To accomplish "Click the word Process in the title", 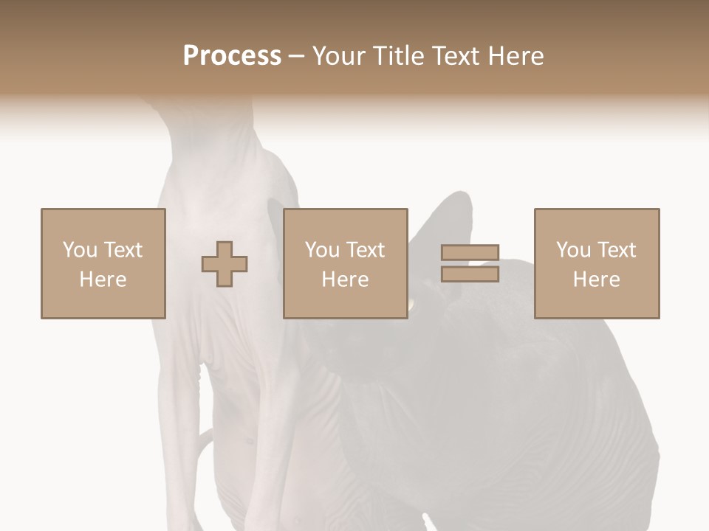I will [232, 56].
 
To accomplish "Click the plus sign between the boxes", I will [225, 264].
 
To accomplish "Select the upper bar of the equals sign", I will [470, 253].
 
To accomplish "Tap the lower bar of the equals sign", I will [470, 274].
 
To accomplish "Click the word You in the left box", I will [79, 250].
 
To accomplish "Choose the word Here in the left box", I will [103, 280].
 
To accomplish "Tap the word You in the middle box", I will [322, 250].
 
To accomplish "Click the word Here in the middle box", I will [346, 280].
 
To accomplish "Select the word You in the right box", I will [573, 250].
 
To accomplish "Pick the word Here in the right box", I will [597, 280].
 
